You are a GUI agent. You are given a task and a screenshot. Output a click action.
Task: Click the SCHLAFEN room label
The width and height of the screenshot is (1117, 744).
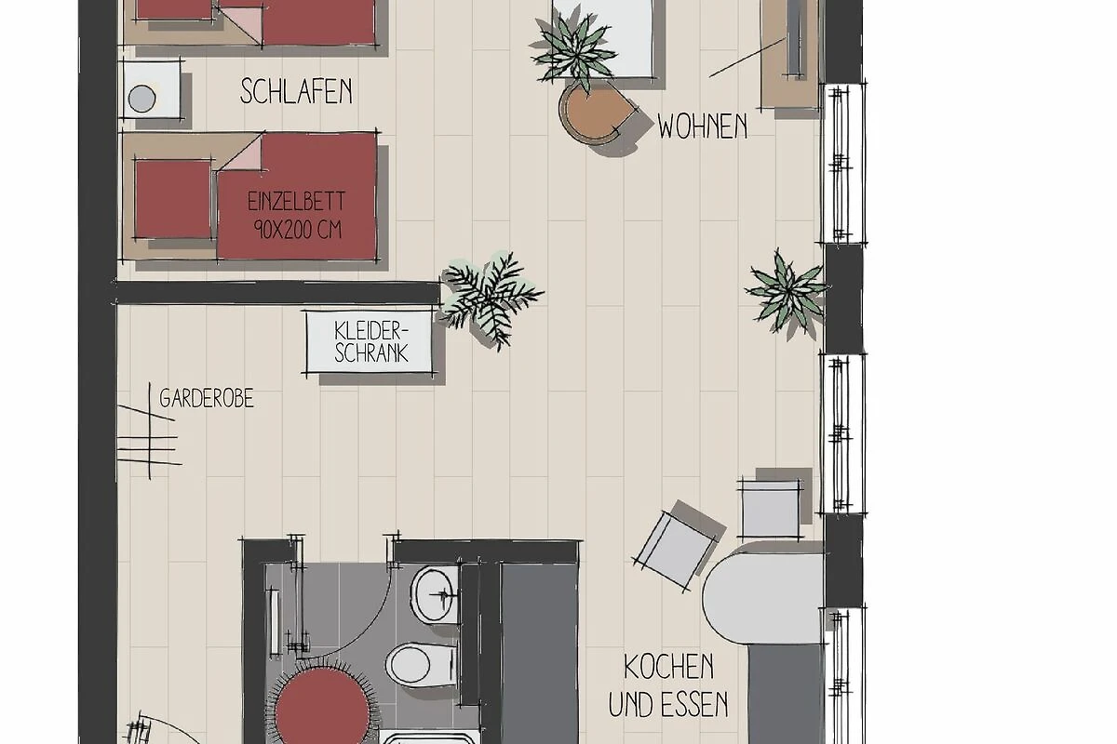click(296, 91)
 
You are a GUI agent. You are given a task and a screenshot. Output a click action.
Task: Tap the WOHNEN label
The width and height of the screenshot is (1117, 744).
click(702, 126)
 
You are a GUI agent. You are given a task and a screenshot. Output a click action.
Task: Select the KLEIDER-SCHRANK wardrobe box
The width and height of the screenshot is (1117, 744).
click(369, 342)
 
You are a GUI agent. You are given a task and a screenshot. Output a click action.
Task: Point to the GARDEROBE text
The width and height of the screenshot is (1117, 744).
click(207, 399)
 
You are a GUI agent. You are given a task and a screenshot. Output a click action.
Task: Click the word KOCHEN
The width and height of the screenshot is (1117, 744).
click(668, 667)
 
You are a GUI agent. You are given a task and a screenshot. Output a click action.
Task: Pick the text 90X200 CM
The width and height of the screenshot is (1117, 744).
click(298, 229)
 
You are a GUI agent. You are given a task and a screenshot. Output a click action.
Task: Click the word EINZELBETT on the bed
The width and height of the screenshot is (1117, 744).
click(296, 201)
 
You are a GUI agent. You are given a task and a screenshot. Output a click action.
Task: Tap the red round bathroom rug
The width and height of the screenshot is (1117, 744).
click(322, 707)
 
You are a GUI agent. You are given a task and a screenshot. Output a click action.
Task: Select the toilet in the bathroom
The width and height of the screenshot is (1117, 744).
click(421, 664)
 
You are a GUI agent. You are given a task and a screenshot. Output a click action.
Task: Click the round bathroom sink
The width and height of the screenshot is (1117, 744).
click(434, 594)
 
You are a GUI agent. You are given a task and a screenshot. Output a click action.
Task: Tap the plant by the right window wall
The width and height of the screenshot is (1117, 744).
click(787, 293)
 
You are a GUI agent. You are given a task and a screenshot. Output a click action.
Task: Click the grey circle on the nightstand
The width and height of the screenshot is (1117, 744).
click(141, 99)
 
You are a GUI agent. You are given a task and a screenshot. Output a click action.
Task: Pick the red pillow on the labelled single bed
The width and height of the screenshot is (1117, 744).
click(173, 198)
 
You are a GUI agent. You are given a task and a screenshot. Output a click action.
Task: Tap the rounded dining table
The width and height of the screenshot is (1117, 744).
click(763, 597)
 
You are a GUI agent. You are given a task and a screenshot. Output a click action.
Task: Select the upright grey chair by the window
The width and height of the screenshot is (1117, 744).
click(771, 509)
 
